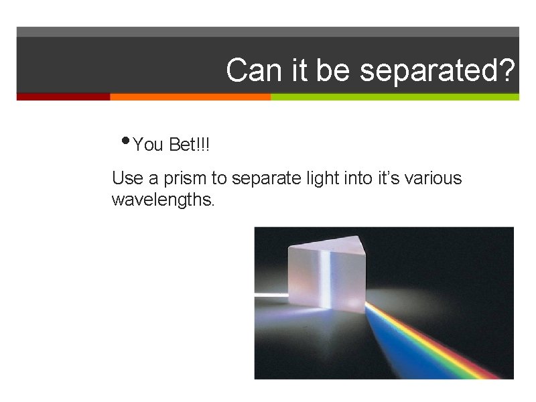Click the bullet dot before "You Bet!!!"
(x=126, y=141)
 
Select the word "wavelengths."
(x=163, y=200)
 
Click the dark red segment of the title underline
(x=63, y=96)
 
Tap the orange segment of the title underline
(x=190, y=96)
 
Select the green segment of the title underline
(x=395, y=96)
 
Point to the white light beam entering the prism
(x=271, y=295)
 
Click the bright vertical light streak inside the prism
(x=328, y=281)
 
